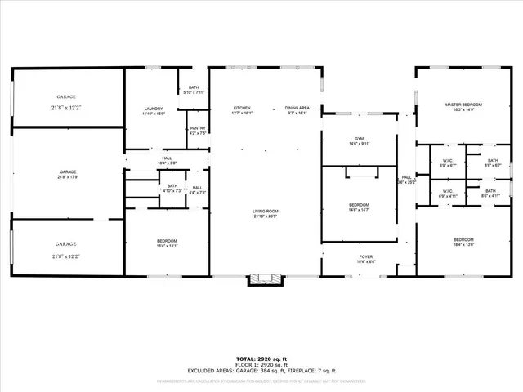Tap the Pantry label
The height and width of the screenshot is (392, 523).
click(198, 127)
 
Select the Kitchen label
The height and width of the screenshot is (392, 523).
click(242, 109)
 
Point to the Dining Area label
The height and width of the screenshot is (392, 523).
click(297, 109)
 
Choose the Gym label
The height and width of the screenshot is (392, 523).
click(359, 139)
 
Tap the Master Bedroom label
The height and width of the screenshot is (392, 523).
click(463, 105)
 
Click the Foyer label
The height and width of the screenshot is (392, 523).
click(365, 257)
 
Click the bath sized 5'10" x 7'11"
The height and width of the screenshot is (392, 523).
click(193, 92)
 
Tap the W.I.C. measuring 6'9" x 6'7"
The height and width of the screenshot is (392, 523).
click(448, 164)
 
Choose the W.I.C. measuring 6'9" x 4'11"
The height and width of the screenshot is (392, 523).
click(448, 197)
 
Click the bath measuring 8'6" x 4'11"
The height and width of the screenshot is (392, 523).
click(490, 197)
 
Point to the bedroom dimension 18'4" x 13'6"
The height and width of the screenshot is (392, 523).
click(463, 243)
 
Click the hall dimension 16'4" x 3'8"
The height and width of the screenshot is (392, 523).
click(167, 163)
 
